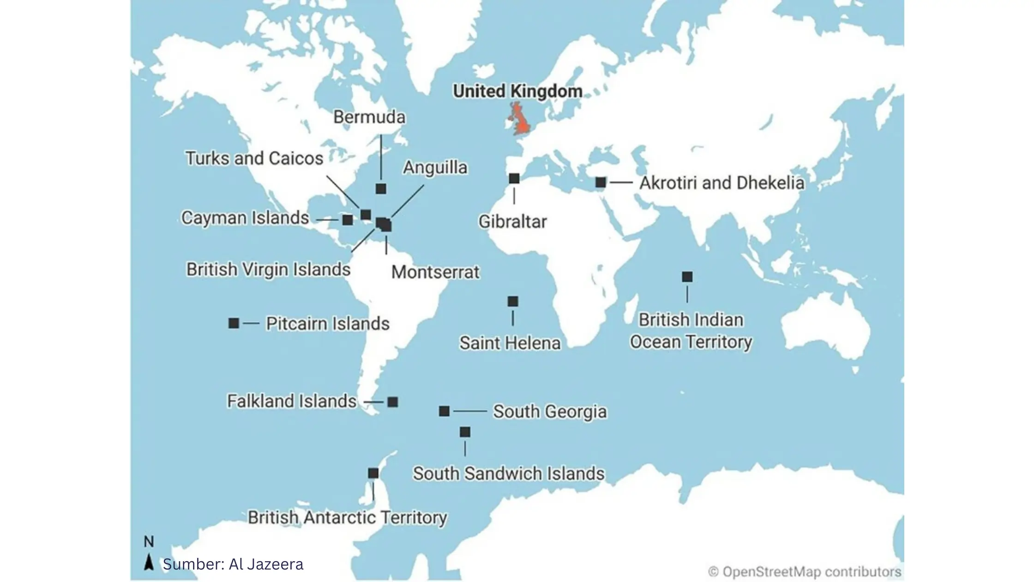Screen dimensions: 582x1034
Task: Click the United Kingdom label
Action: [x=517, y=91]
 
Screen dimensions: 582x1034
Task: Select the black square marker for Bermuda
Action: [x=381, y=188]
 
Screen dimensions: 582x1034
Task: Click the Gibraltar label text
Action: [x=512, y=222]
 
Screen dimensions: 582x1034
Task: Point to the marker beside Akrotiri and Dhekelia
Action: [x=601, y=182]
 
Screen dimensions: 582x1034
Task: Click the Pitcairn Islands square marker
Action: [x=234, y=323]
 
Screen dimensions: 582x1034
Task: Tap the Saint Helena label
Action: [x=510, y=343]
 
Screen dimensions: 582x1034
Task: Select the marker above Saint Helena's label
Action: [x=513, y=302]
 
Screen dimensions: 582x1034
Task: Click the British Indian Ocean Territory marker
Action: [x=687, y=277]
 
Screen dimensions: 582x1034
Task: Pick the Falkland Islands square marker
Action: [x=393, y=402]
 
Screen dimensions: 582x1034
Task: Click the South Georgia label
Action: [x=550, y=412]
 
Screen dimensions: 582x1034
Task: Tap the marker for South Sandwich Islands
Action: [x=465, y=432]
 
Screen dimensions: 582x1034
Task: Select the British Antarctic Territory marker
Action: [x=373, y=473]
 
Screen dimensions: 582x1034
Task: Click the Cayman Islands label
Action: [x=245, y=218]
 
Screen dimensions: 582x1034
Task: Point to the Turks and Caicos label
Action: [x=254, y=158]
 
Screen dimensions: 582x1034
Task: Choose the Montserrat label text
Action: [x=435, y=272]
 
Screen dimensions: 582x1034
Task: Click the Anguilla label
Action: [x=435, y=167]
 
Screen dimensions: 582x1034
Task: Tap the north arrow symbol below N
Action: [x=149, y=562]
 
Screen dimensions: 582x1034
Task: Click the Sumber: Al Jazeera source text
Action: [x=233, y=564]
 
